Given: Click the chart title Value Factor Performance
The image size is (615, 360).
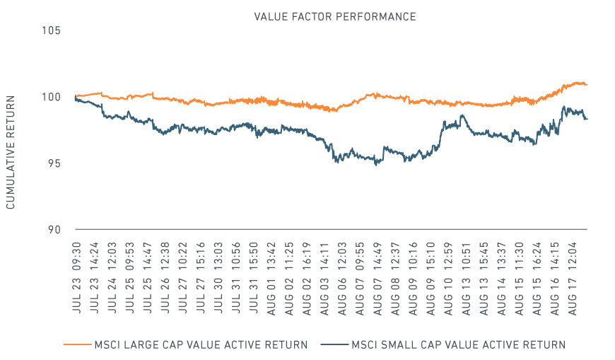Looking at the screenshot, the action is click(335, 17).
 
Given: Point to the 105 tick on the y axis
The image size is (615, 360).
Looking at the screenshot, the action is click(52, 30).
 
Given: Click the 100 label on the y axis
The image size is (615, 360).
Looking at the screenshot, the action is click(52, 97).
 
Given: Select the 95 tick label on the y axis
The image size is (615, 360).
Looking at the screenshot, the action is click(54, 163).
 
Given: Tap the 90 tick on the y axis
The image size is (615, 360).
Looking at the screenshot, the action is click(54, 230).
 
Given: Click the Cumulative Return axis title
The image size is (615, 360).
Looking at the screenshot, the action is click(11, 152).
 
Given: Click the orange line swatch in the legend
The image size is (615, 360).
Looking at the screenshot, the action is click(77, 345).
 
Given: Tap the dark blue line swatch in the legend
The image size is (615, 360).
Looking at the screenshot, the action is click(334, 345).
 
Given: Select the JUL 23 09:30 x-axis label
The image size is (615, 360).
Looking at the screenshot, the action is click(76, 278).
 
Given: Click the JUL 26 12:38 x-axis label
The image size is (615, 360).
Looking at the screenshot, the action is click(165, 278).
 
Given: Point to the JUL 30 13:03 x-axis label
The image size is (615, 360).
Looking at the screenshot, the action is click(218, 278).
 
